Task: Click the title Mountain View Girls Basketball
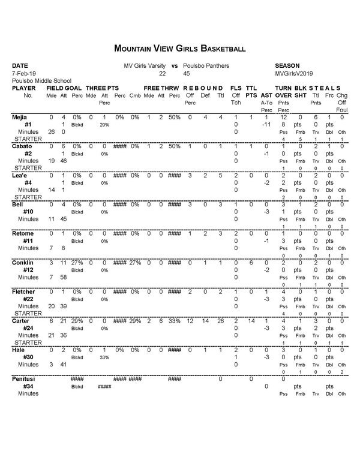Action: click(x=179, y=48)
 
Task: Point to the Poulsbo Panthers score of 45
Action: click(x=187, y=73)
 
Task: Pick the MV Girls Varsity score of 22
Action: click(x=161, y=73)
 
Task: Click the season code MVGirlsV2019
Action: click(x=293, y=73)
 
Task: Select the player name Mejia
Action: click(x=20, y=117)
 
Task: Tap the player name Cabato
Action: click(x=22, y=146)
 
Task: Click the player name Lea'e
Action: click(x=20, y=175)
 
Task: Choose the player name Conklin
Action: click(x=23, y=263)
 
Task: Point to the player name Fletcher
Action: click(x=23, y=291)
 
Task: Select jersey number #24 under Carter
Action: click(x=28, y=328)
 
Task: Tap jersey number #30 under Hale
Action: click(x=28, y=357)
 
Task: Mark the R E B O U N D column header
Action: click(x=203, y=88)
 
